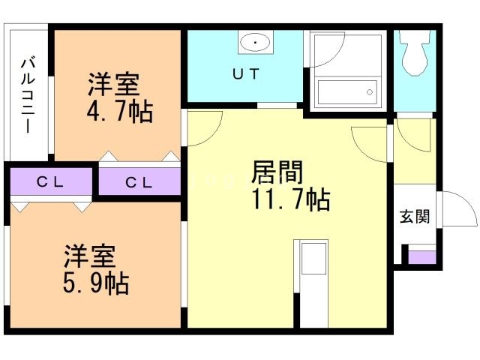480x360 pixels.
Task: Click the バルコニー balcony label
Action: coord(28,94)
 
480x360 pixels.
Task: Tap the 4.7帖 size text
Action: coord(120,112)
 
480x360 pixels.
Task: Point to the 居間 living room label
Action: coord(277,172)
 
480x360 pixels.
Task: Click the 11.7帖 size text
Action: coord(291,200)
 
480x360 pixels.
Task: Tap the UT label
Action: coord(246,73)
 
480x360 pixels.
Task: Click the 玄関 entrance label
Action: coord(415,216)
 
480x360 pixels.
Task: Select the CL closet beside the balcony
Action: coord(51,181)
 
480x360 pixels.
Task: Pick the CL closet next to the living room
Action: coord(139,181)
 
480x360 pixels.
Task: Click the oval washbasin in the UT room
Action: coord(256,42)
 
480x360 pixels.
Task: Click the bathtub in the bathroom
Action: coord(347,92)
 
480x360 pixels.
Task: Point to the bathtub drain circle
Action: coord(370,91)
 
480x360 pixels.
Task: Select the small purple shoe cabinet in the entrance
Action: coord(422,257)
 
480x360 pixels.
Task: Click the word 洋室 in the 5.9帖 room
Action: coord(90,256)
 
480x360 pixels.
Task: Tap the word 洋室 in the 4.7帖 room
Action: coord(113,84)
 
